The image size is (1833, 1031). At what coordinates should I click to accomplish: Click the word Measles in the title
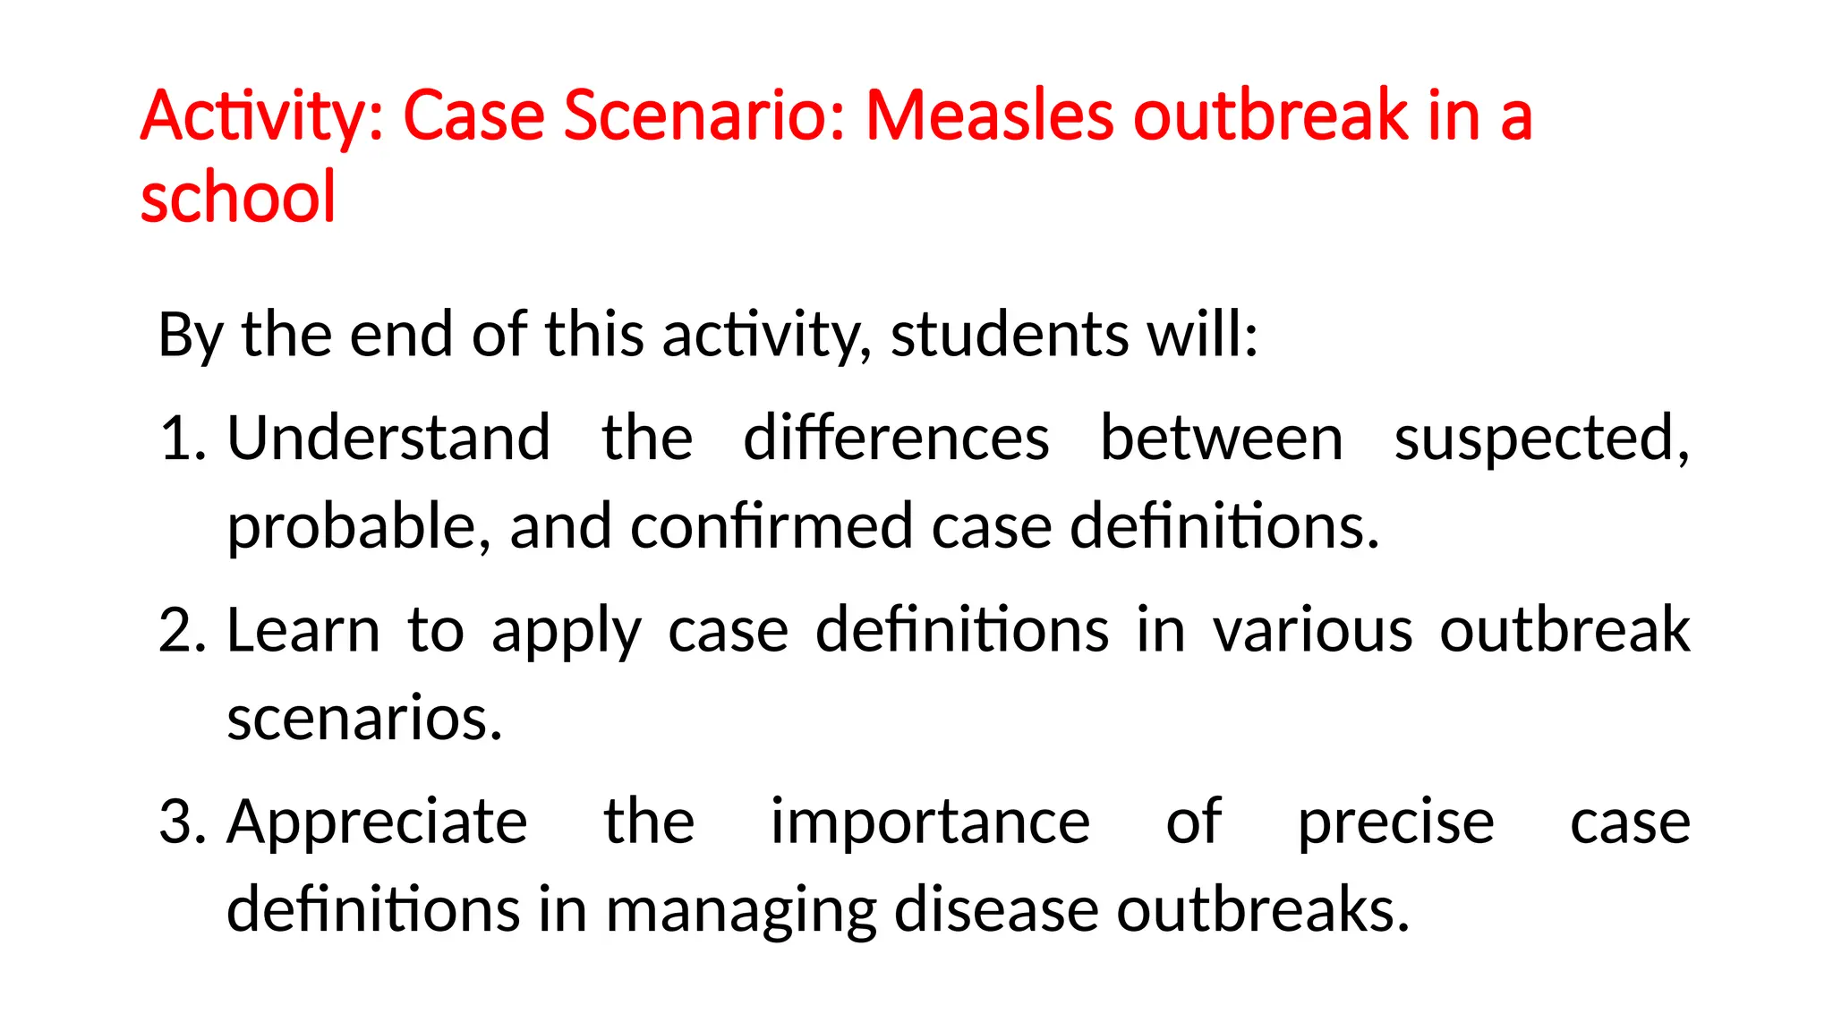pos(990,116)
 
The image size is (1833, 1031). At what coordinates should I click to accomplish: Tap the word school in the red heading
pos(238,197)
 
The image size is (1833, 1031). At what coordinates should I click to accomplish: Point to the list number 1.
pos(181,439)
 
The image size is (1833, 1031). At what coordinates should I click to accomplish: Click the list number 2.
pos(182,630)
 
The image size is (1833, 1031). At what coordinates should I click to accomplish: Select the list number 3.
pos(182,822)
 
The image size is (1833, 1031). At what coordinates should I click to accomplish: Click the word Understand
pos(388,439)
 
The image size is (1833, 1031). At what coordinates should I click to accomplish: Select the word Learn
pos(303,630)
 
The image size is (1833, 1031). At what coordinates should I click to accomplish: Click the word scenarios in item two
pos(364,719)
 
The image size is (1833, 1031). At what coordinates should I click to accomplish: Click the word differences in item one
pos(896,439)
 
